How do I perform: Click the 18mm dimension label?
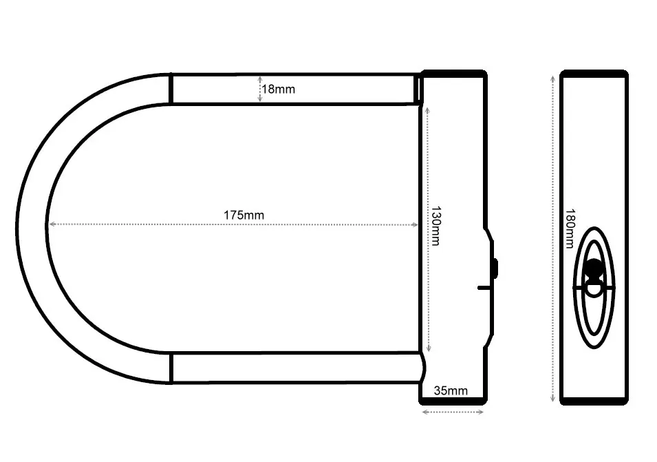[x=278, y=90]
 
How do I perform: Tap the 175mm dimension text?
[x=244, y=216]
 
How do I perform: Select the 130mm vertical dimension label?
[x=435, y=226]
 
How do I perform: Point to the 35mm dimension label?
[x=451, y=390]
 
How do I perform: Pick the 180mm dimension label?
[x=570, y=229]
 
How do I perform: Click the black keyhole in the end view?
[x=594, y=269]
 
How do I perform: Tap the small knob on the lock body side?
[x=495, y=269]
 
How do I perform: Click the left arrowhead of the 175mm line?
[x=52, y=224]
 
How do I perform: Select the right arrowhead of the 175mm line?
[x=415, y=224]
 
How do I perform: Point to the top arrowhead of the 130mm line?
[x=427, y=111]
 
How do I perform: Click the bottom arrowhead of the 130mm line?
[x=428, y=349]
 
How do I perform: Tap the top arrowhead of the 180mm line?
[x=552, y=79]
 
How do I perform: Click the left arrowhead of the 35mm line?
[x=425, y=412]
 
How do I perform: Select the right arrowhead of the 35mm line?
[x=481, y=412]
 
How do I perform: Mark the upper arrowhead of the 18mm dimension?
[x=260, y=78]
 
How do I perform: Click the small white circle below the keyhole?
[x=594, y=289]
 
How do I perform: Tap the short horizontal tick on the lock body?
[x=484, y=288]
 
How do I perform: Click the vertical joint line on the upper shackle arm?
[x=171, y=88]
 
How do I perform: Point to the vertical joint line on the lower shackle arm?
[x=171, y=368]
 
